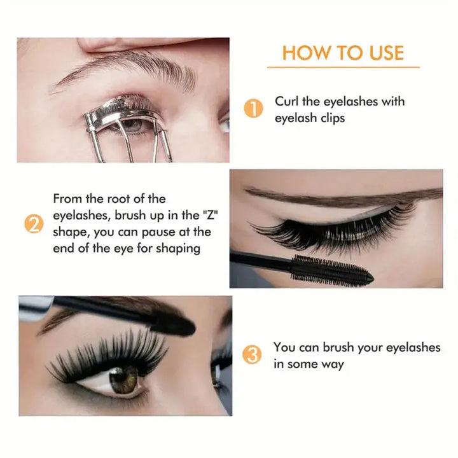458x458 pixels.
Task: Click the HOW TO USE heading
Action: pyautogui.click(x=343, y=52)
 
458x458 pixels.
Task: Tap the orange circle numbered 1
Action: pyautogui.click(x=253, y=109)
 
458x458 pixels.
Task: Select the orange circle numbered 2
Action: pyautogui.click(x=34, y=224)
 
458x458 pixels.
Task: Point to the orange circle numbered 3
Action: pyautogui.click(x=253, y=355)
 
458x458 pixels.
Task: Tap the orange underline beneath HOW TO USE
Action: pyautogui.click(x=343, y=67)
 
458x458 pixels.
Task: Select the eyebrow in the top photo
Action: pyautogui.click(x=127, y=70)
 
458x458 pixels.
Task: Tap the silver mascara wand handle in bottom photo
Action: pyautogui.click(x=35, y=307)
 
